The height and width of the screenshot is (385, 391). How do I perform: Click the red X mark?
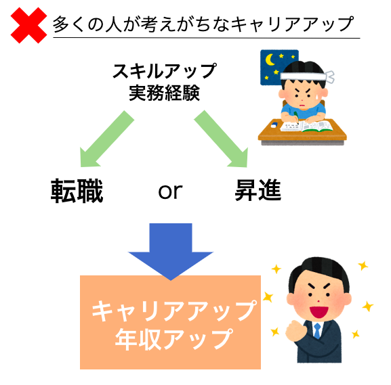pyautogui.click(x=28, y=25)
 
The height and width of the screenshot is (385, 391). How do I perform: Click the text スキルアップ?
pyautogui.click(x=165, y=71)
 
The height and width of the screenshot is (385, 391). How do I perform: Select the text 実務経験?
pyautogui.click(x=165, y=93)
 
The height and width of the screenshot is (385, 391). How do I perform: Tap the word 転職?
pyautogui.click(x=77, y=191)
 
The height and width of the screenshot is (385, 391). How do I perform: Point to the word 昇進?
pyautogui.click(x=258, y=190)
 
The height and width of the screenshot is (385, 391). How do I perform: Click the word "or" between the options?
pyautogui.click(x=170, y=191)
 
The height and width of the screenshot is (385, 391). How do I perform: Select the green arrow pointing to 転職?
pyautogui.click(x=106, y=139)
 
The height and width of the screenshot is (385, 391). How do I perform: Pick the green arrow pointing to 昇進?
pyautogui.click(x=222, y=139)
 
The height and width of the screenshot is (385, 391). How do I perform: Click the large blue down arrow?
pyautogui.click(x=171, y=252)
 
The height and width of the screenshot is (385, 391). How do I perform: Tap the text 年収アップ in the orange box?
pyautogui.click(x=173, y=339)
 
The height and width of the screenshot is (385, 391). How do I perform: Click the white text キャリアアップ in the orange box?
pyautogui.click(x=173, y=311)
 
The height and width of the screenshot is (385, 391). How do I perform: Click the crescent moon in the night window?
pyautogui.click(x=270, y=60)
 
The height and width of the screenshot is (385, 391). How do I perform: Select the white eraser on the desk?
pyautogui.click(x=274, y=125)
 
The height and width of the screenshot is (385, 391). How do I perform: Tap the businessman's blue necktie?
pyautogui.click(x=317, y=330)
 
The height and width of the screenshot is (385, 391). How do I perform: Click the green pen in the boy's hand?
pyautogui.click(x=296, y=117)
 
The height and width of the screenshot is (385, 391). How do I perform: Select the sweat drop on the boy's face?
pyautogui.click(x=317, y=95)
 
